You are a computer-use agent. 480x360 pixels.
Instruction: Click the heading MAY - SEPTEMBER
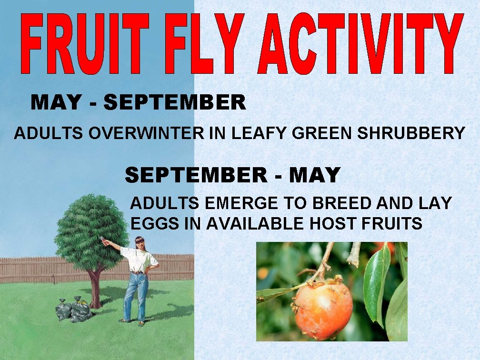coord(138,102)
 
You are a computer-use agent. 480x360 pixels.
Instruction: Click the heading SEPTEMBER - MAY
coord(232,175)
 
